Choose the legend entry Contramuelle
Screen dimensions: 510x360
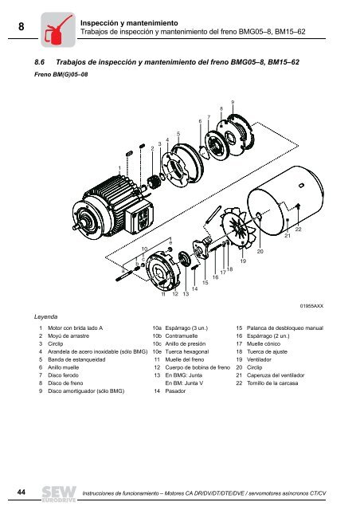pyautogui.click(x=182, y=337)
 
